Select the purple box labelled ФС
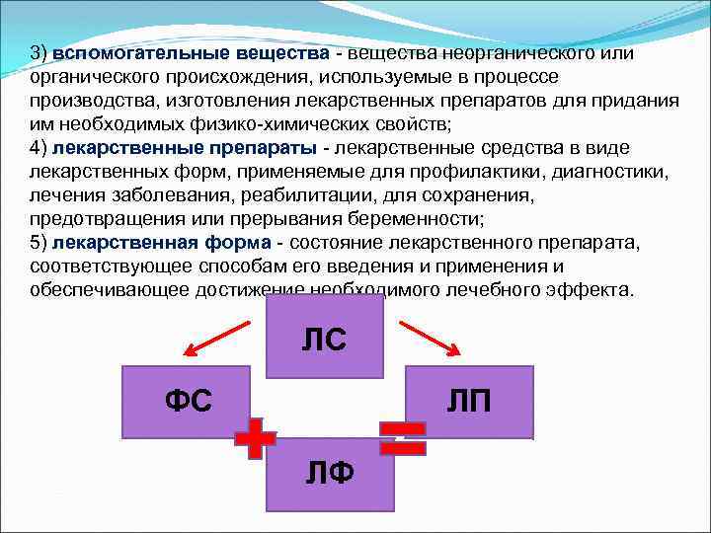click(x=188, y=400)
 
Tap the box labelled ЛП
click(x=470, y=400)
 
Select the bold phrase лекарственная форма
click(x=163, y=243)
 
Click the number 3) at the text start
click(x=39, y=53)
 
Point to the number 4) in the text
click(x=39, y=148)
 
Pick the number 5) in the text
click(x=39, y=243)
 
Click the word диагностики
click(x=608, y=172)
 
